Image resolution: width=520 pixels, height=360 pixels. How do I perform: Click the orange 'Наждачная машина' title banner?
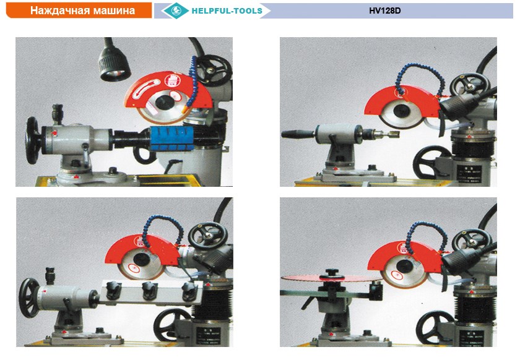pos(79,11)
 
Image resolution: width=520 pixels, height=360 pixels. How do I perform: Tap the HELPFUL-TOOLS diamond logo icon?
pos(176,11)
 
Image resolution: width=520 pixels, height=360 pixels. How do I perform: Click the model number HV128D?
pos(384,11)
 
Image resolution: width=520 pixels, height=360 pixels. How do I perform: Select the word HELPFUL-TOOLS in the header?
pos(227,11)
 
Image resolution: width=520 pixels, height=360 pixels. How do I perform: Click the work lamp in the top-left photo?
pos(114,63)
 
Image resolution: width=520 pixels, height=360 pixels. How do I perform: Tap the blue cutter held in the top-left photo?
pos(172,139)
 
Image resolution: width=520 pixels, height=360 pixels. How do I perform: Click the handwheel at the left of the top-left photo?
pos(32,140)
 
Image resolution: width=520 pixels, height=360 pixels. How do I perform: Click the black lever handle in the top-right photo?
pos(298,134)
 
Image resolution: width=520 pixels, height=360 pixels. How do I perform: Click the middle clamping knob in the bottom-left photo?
pos(150,290)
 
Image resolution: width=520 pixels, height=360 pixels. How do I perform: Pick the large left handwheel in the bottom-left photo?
pos(29,298)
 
